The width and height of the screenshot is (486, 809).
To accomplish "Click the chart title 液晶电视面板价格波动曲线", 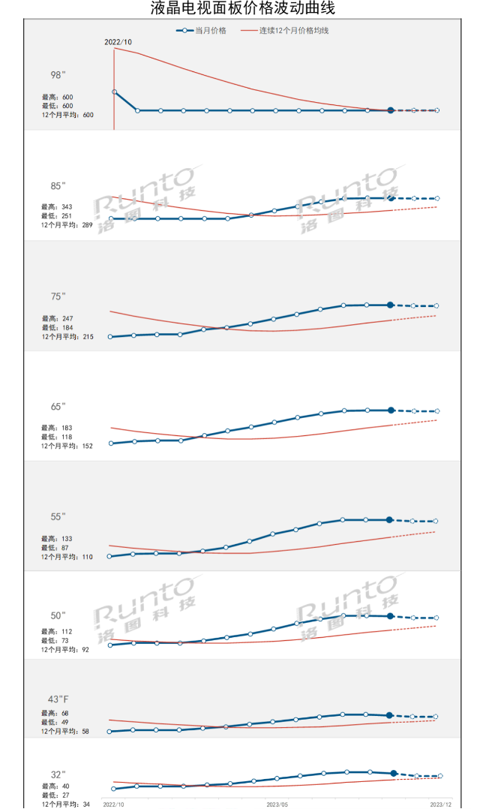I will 242,8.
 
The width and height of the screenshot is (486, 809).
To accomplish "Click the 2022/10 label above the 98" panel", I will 118,42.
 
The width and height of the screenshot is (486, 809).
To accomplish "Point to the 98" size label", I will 58,75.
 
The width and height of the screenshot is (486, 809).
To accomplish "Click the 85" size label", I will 58,185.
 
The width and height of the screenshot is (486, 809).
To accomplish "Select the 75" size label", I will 58,296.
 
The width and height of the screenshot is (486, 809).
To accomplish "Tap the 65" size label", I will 58,407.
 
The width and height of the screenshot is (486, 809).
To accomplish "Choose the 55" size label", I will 58,517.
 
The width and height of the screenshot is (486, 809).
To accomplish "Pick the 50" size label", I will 58,616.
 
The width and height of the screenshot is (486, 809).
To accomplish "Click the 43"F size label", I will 58,699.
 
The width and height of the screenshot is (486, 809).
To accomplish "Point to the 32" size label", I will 58,774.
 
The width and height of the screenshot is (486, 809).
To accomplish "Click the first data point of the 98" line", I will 114,92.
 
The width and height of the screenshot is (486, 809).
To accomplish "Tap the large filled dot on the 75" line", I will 390,305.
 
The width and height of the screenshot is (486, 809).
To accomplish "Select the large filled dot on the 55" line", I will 390,520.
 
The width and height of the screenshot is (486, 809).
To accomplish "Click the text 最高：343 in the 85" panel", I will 57,206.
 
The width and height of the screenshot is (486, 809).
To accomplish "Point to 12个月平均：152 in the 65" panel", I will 67,446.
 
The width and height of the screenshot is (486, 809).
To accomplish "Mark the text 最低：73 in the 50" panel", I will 55,641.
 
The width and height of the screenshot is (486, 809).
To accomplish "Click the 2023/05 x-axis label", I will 277,804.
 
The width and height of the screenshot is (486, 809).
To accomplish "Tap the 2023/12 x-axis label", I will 440,804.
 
